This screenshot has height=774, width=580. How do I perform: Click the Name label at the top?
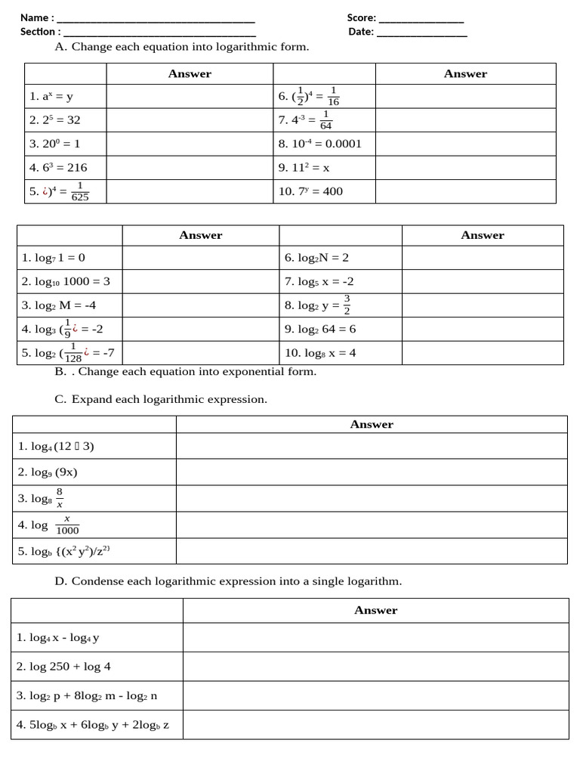[34, 17]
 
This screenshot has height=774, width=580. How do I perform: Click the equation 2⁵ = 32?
[55, 119]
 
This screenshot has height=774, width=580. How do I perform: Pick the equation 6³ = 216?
[58, 168]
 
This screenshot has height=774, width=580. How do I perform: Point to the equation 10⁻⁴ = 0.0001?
[320, 144]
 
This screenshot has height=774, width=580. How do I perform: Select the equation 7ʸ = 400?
[310, 191]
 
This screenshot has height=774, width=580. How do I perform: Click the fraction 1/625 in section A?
[80, 192]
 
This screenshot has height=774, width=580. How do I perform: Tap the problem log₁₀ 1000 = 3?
[66, 281]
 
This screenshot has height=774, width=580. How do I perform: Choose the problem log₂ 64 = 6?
[320, 329]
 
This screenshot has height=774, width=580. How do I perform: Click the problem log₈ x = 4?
[320, 353]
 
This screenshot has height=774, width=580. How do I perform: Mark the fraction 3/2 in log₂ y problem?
[347, 305]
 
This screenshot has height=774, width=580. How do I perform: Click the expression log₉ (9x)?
[48, 472]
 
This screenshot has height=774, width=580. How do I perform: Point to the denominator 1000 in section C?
[67, 531]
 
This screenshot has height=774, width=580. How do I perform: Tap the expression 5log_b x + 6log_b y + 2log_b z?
[93, 725]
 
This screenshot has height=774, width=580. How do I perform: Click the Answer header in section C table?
[372, 425]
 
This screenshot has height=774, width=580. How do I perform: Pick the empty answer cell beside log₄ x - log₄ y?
[375, 637]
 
